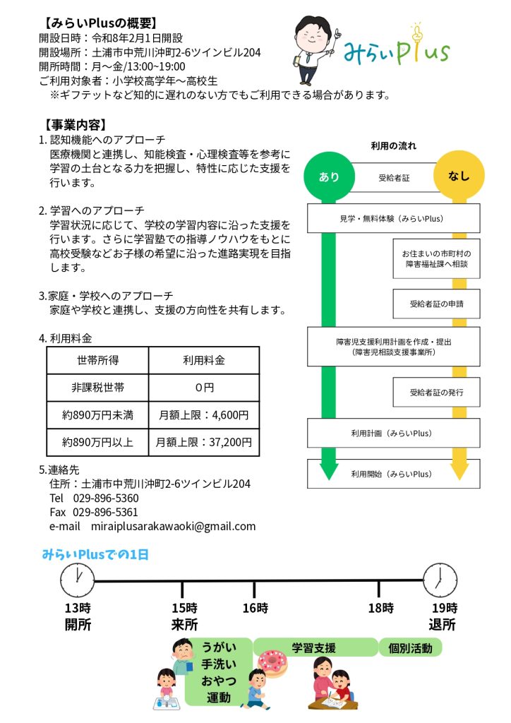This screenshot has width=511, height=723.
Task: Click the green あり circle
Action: (329, 177)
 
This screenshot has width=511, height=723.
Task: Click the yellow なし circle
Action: (458, 177)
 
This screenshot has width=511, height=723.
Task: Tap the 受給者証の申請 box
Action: (436, 304)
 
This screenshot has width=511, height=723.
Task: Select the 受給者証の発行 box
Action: (436, 392)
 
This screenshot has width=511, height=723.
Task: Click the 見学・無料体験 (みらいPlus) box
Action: (394, 219)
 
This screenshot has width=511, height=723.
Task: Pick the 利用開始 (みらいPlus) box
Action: (394, 474)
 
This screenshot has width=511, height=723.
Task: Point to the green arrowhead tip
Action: (329, 479)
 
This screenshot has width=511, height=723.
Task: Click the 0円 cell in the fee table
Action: (204, 387)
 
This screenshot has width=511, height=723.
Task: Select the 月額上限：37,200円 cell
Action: (204, 442)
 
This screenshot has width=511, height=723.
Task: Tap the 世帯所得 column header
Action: (97, 359)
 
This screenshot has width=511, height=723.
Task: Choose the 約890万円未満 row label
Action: (97, 414)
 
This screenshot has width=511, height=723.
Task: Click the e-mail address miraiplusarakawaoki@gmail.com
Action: (173, 526)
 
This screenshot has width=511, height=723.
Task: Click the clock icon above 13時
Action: (77, 581)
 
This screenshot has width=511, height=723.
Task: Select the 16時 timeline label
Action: (255, 608)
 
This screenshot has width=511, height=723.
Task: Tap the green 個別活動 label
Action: (410, 647)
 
